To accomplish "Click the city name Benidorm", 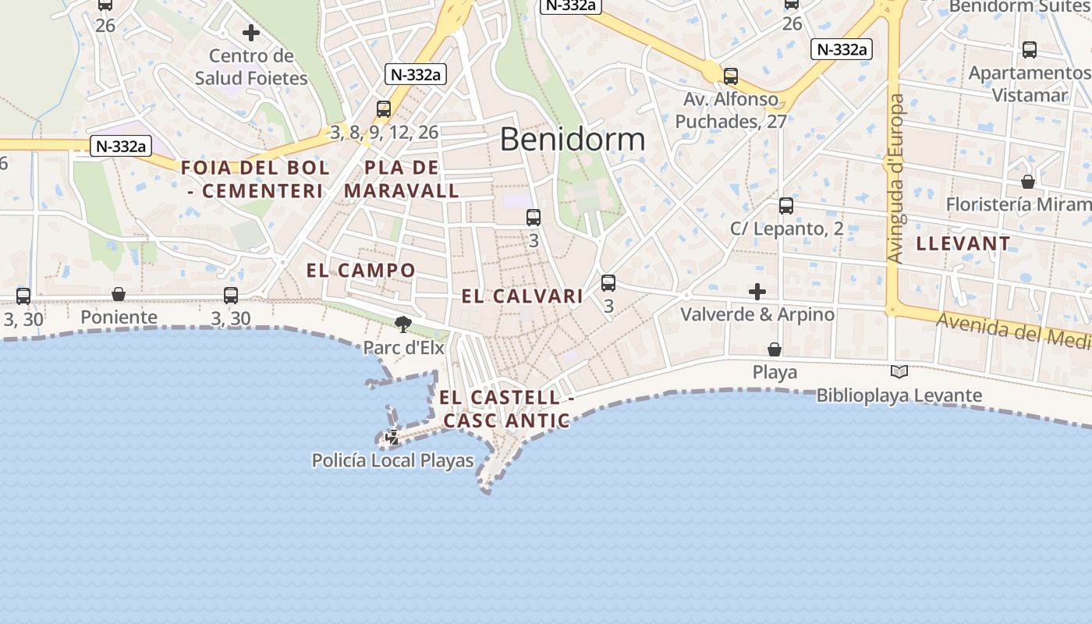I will (x=573, y=140).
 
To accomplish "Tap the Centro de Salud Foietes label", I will (x=251, y=67).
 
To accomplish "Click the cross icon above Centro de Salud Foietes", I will (x=251, y=33).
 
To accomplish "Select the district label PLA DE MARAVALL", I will (x=402, y=179).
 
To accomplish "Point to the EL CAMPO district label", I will (x=361, y=271).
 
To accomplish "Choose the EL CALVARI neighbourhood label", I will (x=523, y=296).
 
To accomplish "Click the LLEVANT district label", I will (x=963, y=243).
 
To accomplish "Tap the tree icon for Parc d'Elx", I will (x=403, y=324).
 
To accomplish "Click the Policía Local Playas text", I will (x=393, y=461).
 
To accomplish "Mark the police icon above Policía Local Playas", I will (x=392, y=438).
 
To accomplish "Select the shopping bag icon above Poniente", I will (x=119, y=294).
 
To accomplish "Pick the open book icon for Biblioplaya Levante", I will (x=899, y=372).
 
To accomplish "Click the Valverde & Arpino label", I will (x=757, y=314).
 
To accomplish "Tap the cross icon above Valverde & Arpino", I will (x=757, y=292).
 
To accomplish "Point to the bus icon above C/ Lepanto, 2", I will (x=786, y=206).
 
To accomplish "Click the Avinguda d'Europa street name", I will (x=896, y=178).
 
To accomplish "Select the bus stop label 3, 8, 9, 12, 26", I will (x=385, y=133).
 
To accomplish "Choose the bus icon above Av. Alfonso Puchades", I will (x=731, y=76).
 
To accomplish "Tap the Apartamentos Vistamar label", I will (x=1030, y=83).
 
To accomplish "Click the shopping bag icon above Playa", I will (x=775, y=349).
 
